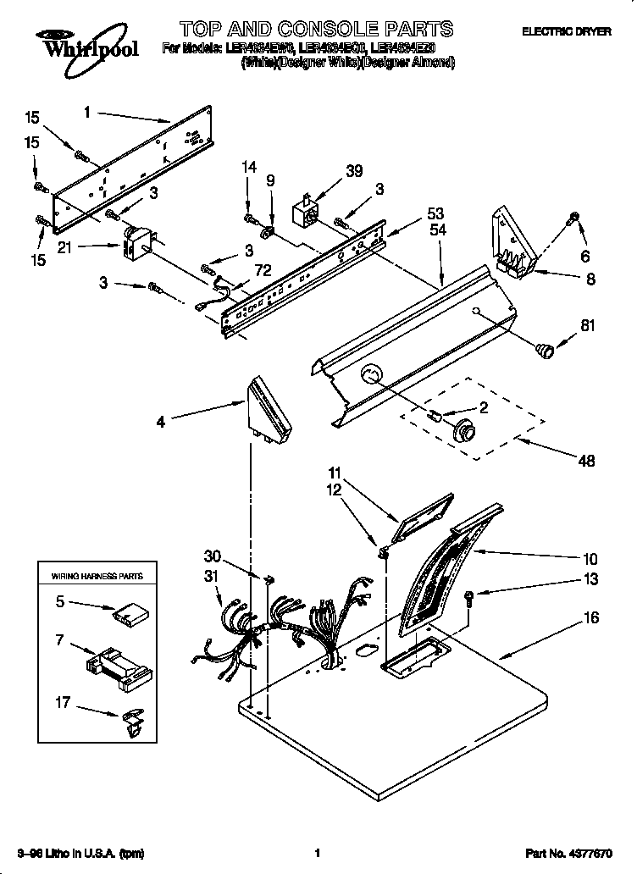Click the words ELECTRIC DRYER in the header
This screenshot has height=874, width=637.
pyautogui.click(x=566, y=31)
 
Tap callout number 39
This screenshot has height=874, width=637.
pyautogui.click(x=354, y=171)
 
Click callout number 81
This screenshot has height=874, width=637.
pyautogui.click(x=586, y=322)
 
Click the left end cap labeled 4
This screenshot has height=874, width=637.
pyautogui.click(x=269, y=412)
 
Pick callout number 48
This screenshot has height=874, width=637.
pyautogui.click(x=586, y=461)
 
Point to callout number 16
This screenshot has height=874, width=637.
pyautogui.click(x=590, y=617)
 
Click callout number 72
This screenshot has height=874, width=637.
pyautogui.click(x=240, y=270)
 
